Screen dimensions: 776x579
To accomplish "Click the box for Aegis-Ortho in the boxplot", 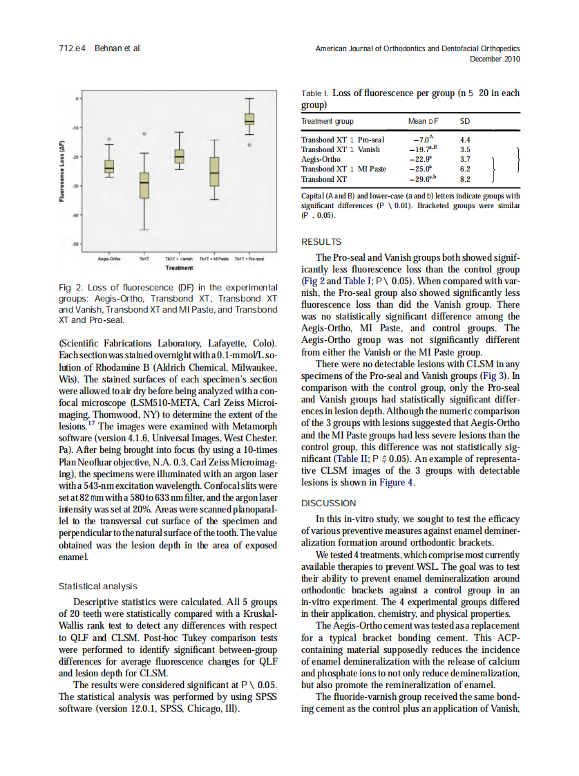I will coord(109,166).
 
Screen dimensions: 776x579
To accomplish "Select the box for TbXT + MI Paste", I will coord(214,171).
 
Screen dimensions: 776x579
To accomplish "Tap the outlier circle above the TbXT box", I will coord(144,133).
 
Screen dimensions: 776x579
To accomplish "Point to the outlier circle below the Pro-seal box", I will coord(249,145).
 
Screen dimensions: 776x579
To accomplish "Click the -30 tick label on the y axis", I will coord(76,186).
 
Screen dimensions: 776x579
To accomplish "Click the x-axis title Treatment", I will coord(179,267).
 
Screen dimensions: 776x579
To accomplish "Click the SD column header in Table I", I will coord(465,121).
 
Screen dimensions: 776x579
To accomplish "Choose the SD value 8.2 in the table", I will coord(465,178).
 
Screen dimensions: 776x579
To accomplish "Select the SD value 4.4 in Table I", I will coord(465,140).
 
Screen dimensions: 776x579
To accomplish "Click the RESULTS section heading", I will coord(321,242).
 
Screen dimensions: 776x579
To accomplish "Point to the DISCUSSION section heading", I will coord(329,503).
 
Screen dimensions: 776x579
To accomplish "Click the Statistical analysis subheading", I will coord(98,586).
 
